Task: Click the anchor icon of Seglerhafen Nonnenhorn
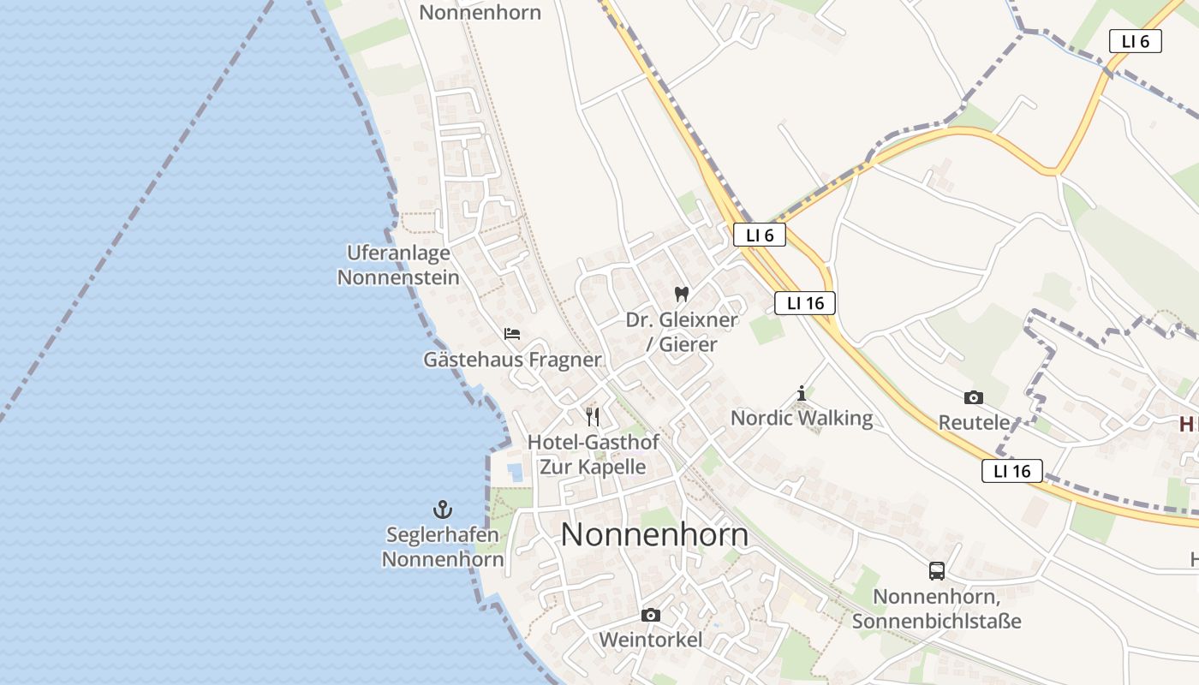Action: click(442, 509)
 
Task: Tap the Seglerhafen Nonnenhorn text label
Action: click(442, 547)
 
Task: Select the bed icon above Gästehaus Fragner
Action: click(512, 334)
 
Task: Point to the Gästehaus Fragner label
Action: click(512, 360)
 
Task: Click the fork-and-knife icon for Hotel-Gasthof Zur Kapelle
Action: click(593, 417)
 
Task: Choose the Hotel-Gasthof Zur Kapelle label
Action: click(593, 455)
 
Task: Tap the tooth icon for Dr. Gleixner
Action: click(682, 295)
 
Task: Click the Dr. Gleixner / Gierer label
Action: click(682, 332)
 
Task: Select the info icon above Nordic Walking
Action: click(802, 394)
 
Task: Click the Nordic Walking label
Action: click(802, 419)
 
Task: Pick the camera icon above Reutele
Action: click(973, 397)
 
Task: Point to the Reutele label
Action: click(974, 423)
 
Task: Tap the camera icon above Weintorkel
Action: click(651, 615)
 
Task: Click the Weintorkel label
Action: click(651, 640)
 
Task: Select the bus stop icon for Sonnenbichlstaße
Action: click(937, 571)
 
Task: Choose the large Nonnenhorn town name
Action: click(654, 535)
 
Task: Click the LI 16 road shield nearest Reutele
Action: click(1011, 471)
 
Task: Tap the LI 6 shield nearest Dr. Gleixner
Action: click(759, 235)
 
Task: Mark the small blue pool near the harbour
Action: click(515, 472)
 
